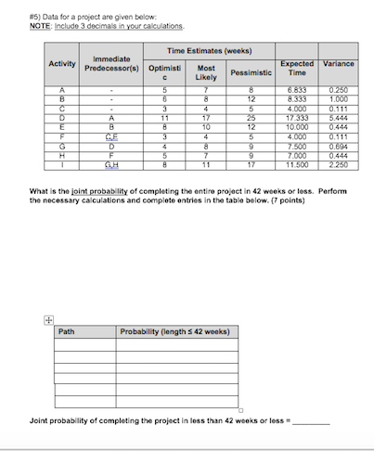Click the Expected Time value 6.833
pyautogui.click(x=299, y=86)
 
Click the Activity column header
pyautogui.click(x=62, y=63)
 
